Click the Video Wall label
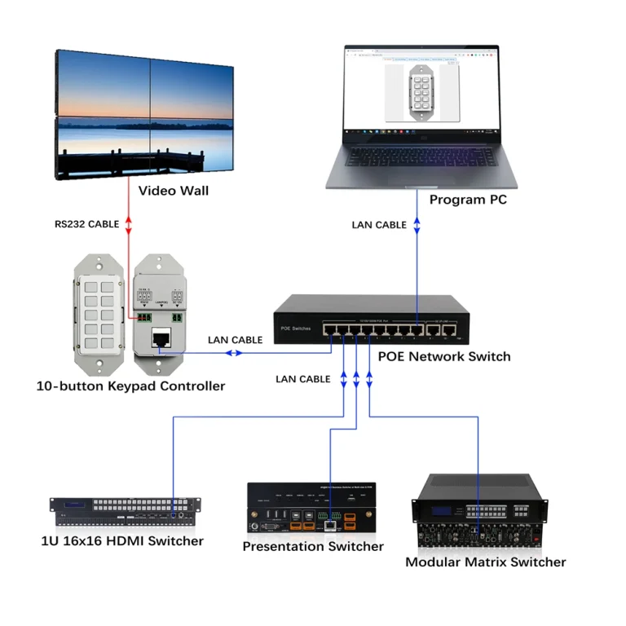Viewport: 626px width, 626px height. (x=173, y=191)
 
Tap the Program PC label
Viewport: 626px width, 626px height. (x=467, y=199)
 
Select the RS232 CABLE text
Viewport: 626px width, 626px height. (x=86, y=223)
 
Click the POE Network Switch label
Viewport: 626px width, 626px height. (x=444, y=356)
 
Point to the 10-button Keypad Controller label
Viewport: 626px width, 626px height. (x=130, y=386)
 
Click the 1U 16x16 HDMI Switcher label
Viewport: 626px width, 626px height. (x=121, y=540)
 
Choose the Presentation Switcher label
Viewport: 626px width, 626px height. (x=313, y=546)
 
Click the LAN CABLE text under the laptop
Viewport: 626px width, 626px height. (x=379, y=224)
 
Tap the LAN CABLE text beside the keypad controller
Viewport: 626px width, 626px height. (x=235, y=340)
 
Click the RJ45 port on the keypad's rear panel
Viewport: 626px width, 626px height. (x=161, y=337)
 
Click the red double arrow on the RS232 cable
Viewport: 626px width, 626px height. (x=128, y=223)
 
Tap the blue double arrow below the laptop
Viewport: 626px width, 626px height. (x=417, y=224)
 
